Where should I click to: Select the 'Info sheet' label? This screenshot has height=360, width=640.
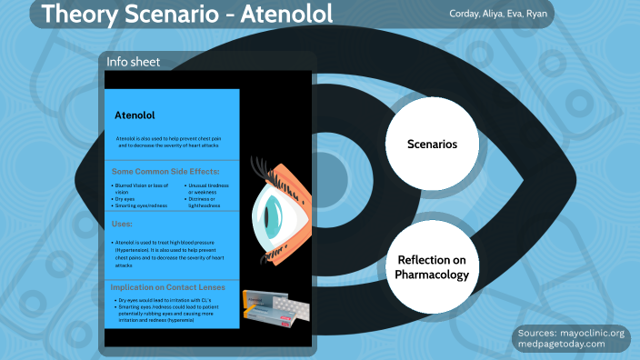(134, 62)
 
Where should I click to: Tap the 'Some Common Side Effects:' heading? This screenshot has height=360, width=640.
(165, 171)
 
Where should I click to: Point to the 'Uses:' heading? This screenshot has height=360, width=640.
(124, 223)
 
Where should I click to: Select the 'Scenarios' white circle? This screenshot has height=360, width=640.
(431, 144)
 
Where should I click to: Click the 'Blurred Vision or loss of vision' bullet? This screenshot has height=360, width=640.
(141, 189)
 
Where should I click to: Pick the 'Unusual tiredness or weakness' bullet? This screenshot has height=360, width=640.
(208, 189)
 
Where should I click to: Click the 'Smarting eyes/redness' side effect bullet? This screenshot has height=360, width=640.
(142, 205)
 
